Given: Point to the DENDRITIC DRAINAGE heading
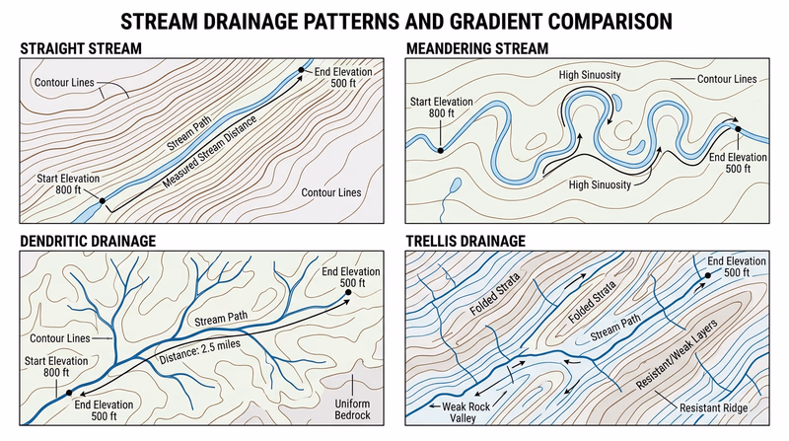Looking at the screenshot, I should coord(88,240).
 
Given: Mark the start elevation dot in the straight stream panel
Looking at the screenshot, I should coord(102,200).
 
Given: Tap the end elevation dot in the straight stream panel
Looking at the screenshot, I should coord(302,70).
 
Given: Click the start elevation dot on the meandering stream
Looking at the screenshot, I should coord(440,151).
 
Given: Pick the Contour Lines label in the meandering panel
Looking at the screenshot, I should coord(727,77).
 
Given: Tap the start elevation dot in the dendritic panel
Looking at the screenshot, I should coord(69,393).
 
